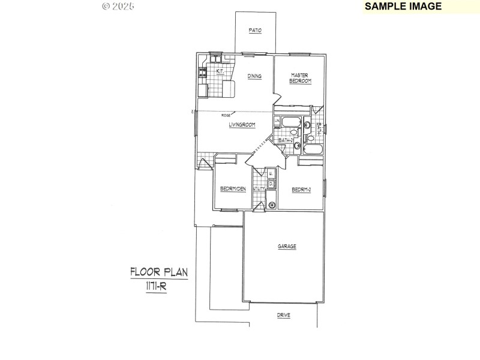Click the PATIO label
255,30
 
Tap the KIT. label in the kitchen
220,71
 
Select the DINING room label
254,76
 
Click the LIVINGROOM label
242,125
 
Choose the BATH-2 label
286,140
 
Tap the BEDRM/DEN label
233,189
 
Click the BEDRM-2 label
301,190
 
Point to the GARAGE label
287,246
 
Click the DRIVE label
284,315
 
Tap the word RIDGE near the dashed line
226,115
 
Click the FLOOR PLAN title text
159,272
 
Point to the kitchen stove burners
203,73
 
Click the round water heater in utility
272,205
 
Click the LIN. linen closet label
277,122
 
